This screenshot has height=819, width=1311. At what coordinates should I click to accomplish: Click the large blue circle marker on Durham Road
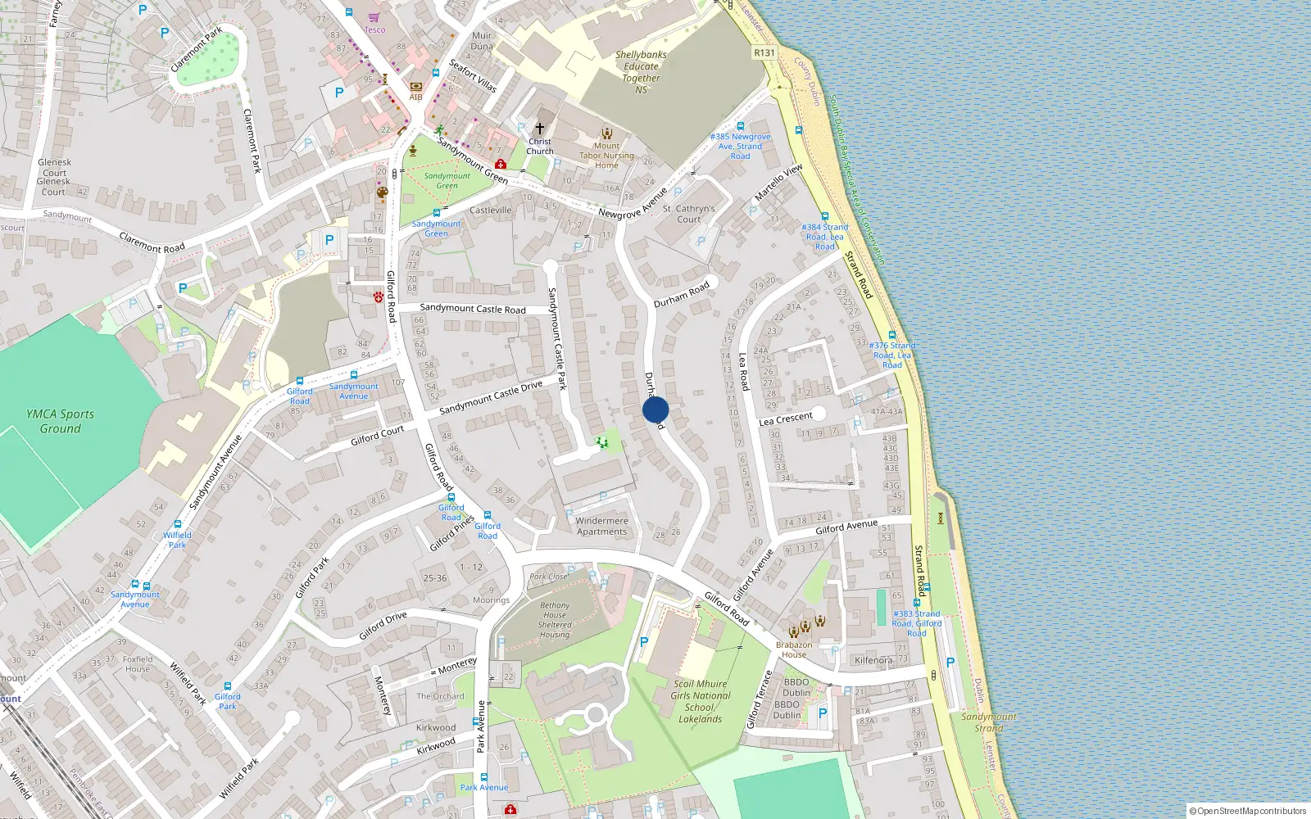(x=655, y=410)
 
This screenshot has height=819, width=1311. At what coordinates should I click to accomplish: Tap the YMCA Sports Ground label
(x=61, y=421)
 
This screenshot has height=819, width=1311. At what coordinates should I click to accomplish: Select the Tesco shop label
(x=374, y=29)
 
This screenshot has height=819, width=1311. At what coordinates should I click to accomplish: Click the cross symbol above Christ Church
(x=539, y=129)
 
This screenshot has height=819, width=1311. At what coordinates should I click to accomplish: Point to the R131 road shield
(x=764, y=52)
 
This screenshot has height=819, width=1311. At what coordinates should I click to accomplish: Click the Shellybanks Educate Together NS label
(x=641, y=72)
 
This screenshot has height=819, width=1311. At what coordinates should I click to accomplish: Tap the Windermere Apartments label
(x=601, y=526)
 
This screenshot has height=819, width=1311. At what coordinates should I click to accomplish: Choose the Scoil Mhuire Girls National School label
(x=700, y=701)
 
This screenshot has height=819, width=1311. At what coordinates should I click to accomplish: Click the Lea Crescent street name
(x=785, y=419)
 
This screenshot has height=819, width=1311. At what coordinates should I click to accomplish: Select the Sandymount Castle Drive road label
(x=491, y=397)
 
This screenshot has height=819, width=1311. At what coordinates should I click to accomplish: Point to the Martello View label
(x=778, y=183)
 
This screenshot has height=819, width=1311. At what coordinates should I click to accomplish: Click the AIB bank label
(x=415, y=97)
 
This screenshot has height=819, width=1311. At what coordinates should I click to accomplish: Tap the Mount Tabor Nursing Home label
(x=606, y=155)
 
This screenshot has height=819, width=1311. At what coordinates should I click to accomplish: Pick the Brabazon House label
(x=794, y=649)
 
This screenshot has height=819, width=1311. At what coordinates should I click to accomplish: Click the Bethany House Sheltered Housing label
(x=555, y=620)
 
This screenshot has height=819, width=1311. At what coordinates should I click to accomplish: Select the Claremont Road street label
(x=152, y=242)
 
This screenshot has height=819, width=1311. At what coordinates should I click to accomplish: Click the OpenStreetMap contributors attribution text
(x=1248, y=811)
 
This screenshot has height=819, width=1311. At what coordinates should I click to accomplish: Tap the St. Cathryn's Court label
(x=688, y=214)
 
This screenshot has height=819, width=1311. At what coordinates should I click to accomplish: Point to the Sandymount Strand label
(x=989, y=722)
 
